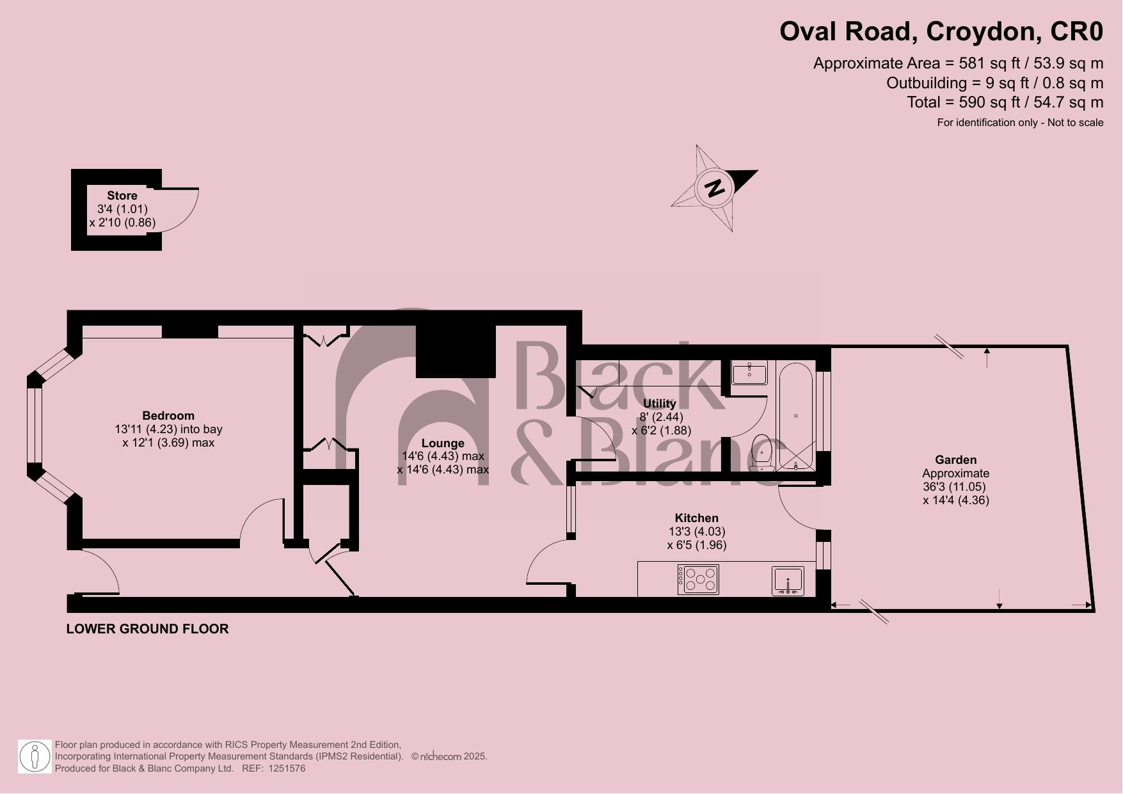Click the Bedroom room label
point(168,415)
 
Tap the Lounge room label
point(443,443)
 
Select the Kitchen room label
point(696,518)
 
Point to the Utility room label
point(659,404)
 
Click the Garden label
point(955,459)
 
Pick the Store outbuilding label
point(122,195)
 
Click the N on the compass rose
point(715,188)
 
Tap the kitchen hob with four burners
point(698,579)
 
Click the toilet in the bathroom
point(761,452)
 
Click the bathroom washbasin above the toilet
point(749,372)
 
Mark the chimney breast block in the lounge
point(456,351)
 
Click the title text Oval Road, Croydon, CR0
point(941,31)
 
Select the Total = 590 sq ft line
point(1005,102)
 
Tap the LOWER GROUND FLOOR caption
point(147,629)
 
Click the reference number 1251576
point(287,768)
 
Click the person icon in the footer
point(35,757)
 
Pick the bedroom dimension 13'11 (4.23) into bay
point(168,429)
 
